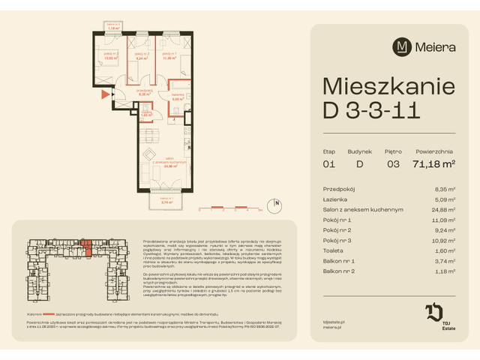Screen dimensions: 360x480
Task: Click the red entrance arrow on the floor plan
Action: (x=105, y=94)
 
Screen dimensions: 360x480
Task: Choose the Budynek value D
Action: (x=359, y=163)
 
